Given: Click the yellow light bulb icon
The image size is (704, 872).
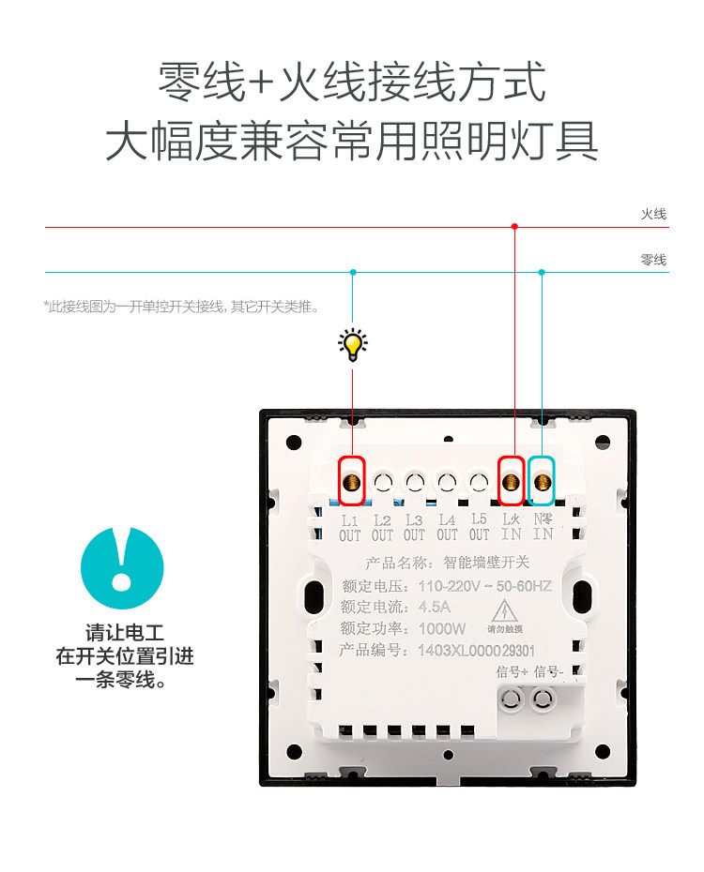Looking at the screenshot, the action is coord(353,345).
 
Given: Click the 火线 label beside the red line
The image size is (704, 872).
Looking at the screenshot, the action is coord(653,215).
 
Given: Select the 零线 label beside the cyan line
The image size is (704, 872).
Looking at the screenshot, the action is coord(653,260).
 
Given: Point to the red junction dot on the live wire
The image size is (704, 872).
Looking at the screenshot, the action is coord(514,226).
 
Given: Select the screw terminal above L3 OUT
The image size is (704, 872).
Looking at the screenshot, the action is coord(415,482).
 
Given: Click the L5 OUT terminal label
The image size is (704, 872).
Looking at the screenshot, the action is coord(480,527).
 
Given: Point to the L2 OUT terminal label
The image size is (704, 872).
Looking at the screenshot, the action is coord(382,528).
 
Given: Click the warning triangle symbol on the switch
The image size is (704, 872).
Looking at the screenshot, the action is coord(504,607).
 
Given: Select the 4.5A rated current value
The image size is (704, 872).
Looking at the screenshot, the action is coord(435,607).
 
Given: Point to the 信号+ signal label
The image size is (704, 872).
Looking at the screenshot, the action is coord(513,672).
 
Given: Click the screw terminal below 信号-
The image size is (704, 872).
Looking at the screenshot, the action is coord(542,699).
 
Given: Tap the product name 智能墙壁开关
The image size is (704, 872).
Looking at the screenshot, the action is coord(485,564).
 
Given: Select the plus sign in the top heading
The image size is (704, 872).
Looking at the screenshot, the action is coord(262,83).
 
